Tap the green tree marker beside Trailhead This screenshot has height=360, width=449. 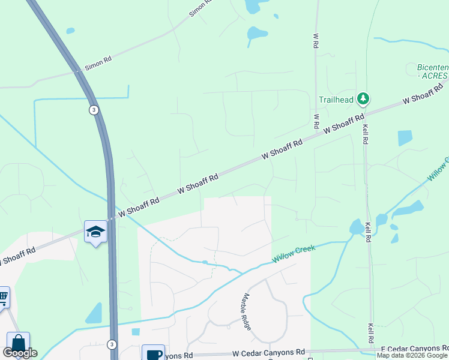click(x=363, y=98)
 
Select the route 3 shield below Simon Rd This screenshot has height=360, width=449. click(x=94, y=110)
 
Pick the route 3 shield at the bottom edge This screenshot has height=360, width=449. click(x=112, y=344)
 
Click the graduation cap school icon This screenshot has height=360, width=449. click(x=95, y=232)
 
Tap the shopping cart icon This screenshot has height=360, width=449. click(x=3, y=296)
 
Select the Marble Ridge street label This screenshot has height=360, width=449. click(x=247, y=311)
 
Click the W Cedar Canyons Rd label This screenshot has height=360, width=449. click(x=268, y=352)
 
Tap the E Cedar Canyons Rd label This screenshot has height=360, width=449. click(x=415, y=349)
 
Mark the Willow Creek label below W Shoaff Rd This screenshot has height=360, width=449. click(x=294, y=253)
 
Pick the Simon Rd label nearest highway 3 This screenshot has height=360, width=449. click(x=98, y=64)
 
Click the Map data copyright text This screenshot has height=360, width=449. click(x=412, y=355)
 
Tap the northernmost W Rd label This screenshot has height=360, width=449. click(x=315, y=40)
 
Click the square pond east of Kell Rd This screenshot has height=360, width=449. click(x=405, y=138)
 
